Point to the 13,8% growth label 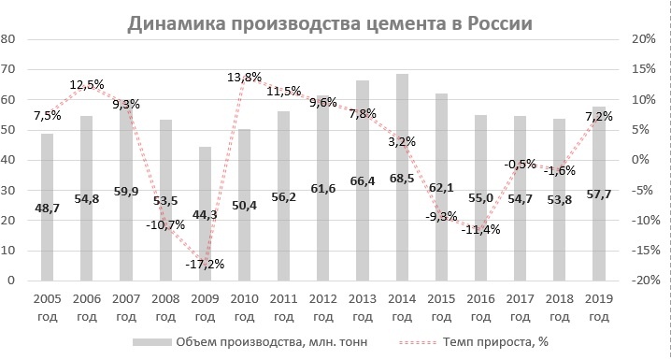[x=246, y=79]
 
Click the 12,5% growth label [x=93, y=86]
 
